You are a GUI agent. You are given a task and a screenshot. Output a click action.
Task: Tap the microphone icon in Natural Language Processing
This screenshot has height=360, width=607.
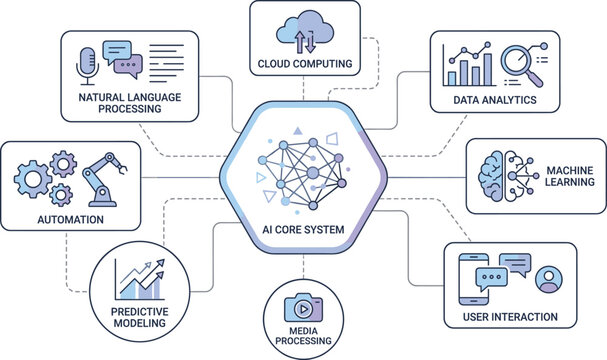tap(86, 61)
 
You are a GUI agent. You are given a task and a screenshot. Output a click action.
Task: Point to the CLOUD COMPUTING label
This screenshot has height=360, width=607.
tap(304, 65)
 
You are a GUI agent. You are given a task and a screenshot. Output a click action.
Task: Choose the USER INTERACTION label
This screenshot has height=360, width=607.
tap(510, 317)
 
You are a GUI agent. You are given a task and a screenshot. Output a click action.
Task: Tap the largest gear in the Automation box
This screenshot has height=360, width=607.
tap(33, 179)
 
